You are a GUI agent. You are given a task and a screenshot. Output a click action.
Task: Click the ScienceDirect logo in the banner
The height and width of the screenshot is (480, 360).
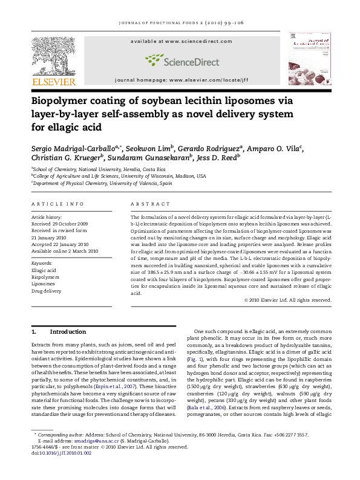pyautogui.click(x=180, y=59)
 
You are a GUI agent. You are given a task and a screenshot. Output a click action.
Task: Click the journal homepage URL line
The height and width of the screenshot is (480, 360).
pyautogui.click(x=180, y=80)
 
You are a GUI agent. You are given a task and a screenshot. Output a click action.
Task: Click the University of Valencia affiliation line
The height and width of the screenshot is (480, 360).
pyautogui.click(x=103, y=183)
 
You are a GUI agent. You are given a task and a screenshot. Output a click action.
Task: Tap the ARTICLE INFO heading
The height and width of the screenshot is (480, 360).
pyautogui.click(x=57, y=204)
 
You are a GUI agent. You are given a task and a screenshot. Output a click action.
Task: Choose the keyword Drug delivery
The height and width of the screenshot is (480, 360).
pyautogui.click(x=46, y=291)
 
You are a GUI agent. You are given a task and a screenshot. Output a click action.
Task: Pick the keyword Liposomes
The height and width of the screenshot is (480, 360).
pyautogui.click(x=44, y=284)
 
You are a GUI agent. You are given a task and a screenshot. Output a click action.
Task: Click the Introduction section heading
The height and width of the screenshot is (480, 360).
pyautogui.click(x=67, y=332)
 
